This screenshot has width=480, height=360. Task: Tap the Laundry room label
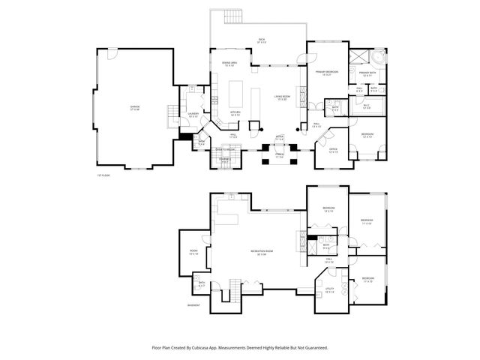(193, 114)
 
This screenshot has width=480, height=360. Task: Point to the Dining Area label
(229, 63)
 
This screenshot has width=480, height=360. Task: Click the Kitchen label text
(235, 112)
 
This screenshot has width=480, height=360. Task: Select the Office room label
(333, 150)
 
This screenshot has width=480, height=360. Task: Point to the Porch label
(279, 156)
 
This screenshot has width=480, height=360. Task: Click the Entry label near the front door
(279, 138)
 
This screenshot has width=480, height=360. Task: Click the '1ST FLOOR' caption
(103, 175)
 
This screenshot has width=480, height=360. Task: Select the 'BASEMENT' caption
(193, 305)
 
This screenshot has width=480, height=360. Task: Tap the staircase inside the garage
(171, 113)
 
